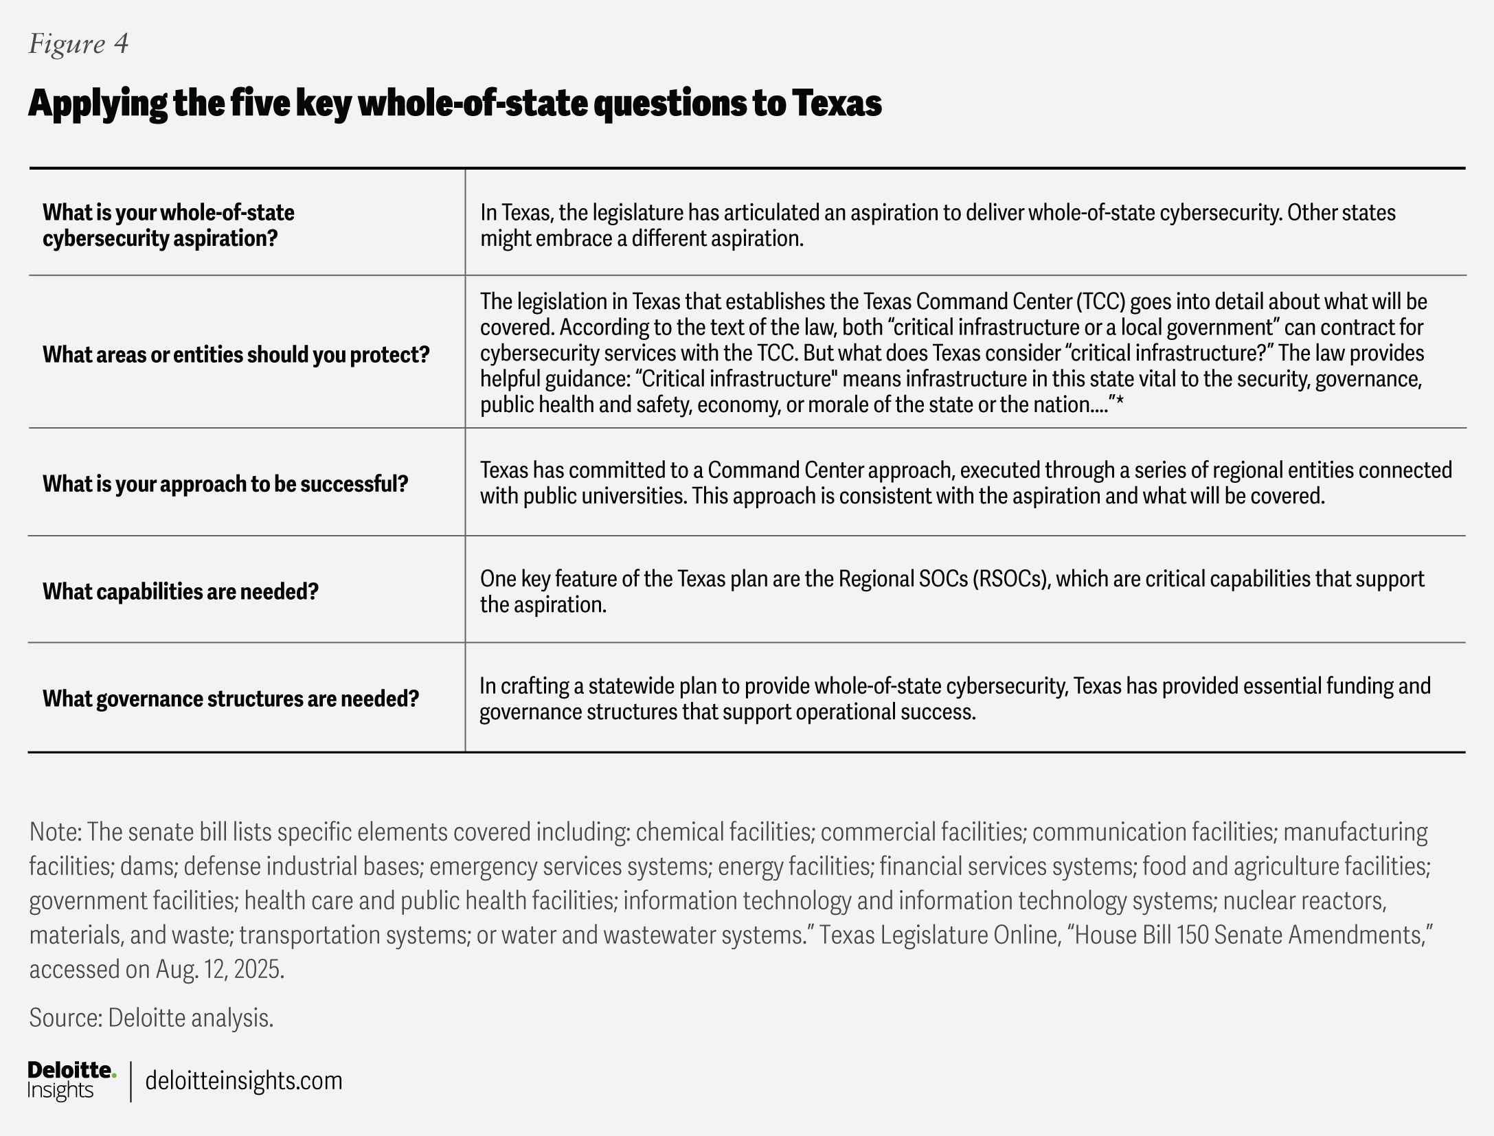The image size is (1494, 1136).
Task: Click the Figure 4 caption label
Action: coord(78,44)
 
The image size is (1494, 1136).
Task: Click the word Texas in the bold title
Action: coord(837,103)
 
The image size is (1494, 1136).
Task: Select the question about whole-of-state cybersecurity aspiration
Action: coord(168,225)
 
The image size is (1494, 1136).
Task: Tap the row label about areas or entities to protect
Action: coord(236,354)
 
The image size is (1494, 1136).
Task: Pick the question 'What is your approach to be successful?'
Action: coord(225,484)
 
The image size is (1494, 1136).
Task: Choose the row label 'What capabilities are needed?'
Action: coord(181,591)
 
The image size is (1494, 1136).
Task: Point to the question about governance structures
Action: coord(231,698)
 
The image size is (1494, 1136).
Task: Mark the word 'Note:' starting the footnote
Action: coord(56,832)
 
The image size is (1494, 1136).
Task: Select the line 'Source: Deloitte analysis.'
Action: coord(151,1018)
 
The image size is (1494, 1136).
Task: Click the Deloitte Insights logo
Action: coord(71,1080)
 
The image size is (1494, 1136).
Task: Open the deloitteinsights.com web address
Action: coord(243,1080)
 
